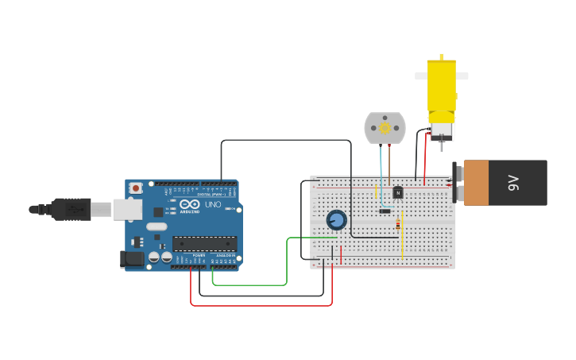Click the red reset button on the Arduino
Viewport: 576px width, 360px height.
(136, 188)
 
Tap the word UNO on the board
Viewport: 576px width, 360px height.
(213, 204)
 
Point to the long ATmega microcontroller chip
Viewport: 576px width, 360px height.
(204, 244)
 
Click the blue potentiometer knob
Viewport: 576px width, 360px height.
(336, 220)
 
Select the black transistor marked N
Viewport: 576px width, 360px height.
(398, 192)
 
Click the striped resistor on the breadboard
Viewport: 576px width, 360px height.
(398, 224)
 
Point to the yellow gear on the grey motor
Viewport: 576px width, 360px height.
(385, 128)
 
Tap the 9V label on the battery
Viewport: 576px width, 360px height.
(513, 183)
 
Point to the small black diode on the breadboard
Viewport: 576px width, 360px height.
(385, 211)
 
